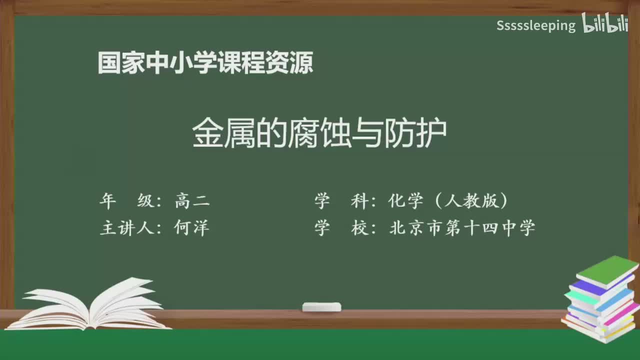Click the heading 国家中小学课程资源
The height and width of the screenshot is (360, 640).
pyautogui.click(x=205, y=63)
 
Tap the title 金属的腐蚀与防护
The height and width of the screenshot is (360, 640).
pyautogui.click(x=319, y=134)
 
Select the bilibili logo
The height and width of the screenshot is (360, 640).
pyautogui.click(x=604, y=24)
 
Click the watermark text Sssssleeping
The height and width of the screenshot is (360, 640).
pyautogui.click(x=536, y=26)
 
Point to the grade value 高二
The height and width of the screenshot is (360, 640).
pyautogui.click(x=192, y=201)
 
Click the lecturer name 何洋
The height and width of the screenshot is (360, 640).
pyautogui.click(x=191, y=228)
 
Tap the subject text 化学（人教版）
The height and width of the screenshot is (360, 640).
pyautogui.click(x=448, y=201)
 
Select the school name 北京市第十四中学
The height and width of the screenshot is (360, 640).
pyautogui.click(x=462, y=228)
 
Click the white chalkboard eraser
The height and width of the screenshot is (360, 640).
pyautogui.click(x=321, y=306)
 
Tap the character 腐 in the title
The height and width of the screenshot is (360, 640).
pyautogui.click(x=302, y=134)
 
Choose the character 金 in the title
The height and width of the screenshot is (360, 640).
pyautogui.click(x=207, y=134)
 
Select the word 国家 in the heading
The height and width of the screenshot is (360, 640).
pyautogui.click(x=119, y=63)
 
